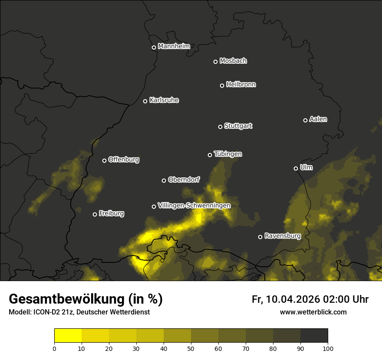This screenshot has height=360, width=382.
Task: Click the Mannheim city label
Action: point(174,46)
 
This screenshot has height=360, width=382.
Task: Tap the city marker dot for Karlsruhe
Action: point(145,101)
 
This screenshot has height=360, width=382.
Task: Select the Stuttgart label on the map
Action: point(238,126)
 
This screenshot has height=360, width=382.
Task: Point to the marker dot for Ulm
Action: point(296,168)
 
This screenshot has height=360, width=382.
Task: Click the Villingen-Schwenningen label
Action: point(194,205)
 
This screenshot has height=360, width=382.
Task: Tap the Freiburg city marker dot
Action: point(95,214)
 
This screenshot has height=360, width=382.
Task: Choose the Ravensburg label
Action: point(282,236)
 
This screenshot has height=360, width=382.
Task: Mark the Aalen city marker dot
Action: point(305,120)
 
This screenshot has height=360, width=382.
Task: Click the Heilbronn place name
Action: point(241,85)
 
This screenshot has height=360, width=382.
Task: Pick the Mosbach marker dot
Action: point(215,62)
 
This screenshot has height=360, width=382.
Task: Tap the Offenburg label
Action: point(124,159)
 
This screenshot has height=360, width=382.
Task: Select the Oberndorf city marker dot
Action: point(164,180)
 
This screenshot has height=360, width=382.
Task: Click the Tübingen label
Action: point(228,154)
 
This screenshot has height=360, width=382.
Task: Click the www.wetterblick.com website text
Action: point(313,312)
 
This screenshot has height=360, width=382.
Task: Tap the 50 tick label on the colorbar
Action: point(191,348)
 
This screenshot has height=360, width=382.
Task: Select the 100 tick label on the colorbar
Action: point(328,348)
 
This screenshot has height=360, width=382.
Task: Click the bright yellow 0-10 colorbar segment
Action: point(68,335)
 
